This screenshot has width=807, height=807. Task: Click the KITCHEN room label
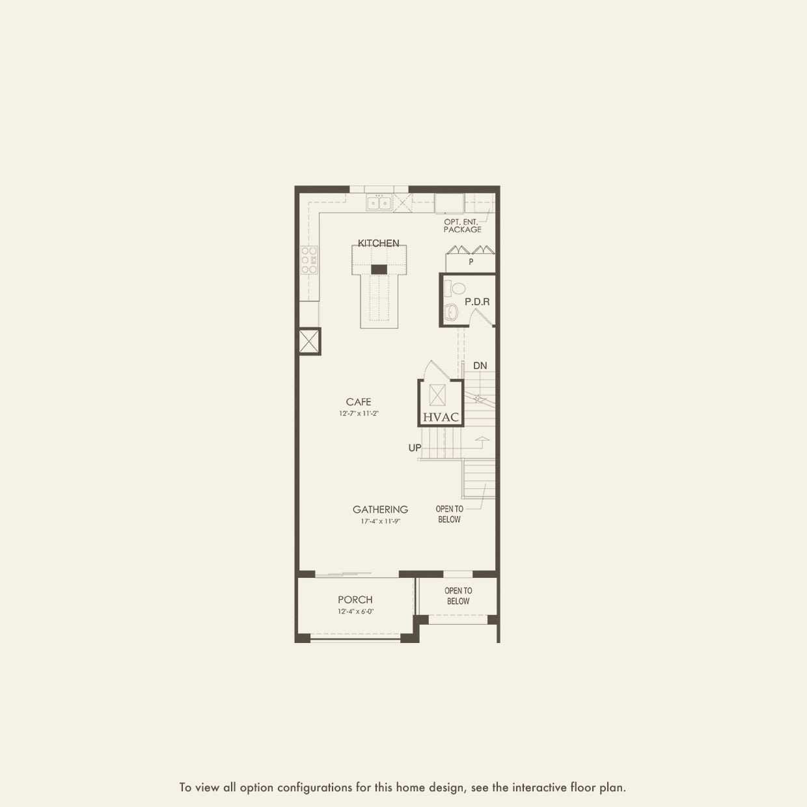tap(378, 243)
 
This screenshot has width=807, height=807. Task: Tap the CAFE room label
tap(359, 402)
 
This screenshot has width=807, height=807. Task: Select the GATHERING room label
tap(380, 510)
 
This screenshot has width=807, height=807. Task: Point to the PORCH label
tap(355, 599)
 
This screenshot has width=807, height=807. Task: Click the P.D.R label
tap(477, 302)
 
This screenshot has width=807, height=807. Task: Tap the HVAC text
tap(441, 417)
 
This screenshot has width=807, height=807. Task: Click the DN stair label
tap(480, 366)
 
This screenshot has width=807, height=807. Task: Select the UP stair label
tap(415, 448)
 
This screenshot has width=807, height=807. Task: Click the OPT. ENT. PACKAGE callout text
tap(463, 226)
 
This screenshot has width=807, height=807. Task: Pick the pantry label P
tap(471, 262)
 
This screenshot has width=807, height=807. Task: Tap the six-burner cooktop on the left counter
tap(309, 260)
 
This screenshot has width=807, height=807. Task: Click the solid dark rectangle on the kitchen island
tap(379, 269)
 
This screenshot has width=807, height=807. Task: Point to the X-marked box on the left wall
tap(310, 341)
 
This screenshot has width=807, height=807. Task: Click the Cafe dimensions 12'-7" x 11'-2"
tap(359, 413)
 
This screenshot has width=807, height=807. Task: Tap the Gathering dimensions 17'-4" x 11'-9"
tap(380, 521)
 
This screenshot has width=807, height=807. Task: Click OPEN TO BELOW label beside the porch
tap(458, 596)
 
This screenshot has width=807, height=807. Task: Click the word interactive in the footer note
tap(534, 787)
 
